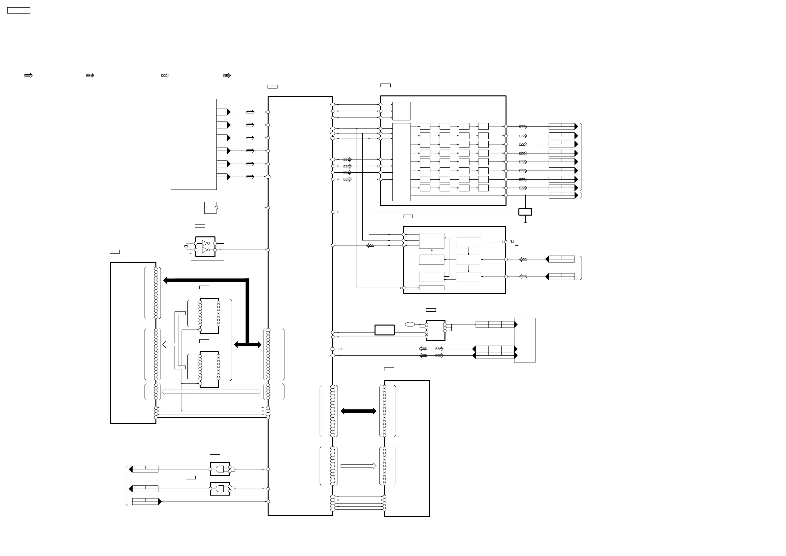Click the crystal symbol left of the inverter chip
point(186,247)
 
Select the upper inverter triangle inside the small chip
point(205,243)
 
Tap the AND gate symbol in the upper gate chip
point(219,469)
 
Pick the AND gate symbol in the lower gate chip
point(219,489)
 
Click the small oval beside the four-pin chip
point(410,325)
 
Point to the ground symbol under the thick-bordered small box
point(525,222)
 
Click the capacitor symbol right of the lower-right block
point(512,242)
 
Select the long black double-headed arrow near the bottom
point(358,411)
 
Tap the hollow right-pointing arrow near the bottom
point(358,466)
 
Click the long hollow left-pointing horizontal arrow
point(211,391)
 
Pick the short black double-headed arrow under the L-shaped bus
point(247,345)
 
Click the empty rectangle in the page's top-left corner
point(19,11)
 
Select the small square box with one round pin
point(210,208)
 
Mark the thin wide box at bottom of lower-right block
point(431,288)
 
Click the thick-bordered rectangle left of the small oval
point(384,330)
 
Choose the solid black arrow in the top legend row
point(28,75)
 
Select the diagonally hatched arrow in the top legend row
point(165,75)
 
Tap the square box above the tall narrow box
point(401,111)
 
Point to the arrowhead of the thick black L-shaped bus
point(166,280)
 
